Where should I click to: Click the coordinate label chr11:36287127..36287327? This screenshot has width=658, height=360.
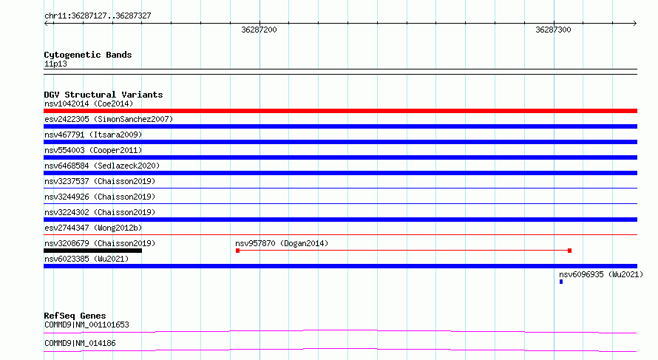click(x=98, y=16)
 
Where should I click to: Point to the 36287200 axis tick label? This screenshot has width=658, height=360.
click(x=259, y=30)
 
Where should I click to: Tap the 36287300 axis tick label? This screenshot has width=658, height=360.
click(x=553, y=30)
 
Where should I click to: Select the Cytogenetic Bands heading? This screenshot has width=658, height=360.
click(x=88, y=55)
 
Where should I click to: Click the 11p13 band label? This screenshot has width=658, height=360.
click(x=55, y=64)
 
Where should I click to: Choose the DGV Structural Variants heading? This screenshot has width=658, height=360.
click(x=104, y=95)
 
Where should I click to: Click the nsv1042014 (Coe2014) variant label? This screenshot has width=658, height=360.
click(x=89, y=103)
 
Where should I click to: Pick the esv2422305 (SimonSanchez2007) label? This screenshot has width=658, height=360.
click(x=109, y=119)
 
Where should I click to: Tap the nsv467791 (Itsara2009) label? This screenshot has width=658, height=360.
click(x=93, y=135)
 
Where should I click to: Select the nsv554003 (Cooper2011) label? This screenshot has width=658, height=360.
click(x=93, y=150)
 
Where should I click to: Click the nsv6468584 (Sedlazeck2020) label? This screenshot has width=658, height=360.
click(x=102, y=166)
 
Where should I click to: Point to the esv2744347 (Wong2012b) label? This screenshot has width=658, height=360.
click(x=93, y=228)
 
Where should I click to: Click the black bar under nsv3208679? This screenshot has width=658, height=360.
click(x=92, y=251)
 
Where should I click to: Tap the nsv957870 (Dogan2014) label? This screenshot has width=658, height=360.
click(x=282, y=243)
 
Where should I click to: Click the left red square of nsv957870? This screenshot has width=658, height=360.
click(x=237, y=251)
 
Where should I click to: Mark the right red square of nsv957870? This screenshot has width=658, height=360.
click(x=569, y=251)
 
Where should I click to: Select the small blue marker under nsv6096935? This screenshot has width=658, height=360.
click(x=561, y=282)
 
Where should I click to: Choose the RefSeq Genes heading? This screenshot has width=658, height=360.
click(x=75, y=316)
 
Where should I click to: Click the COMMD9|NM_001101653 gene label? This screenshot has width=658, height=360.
click(x=87, y=325)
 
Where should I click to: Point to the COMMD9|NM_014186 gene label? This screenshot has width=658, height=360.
click(x=80, y=343)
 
